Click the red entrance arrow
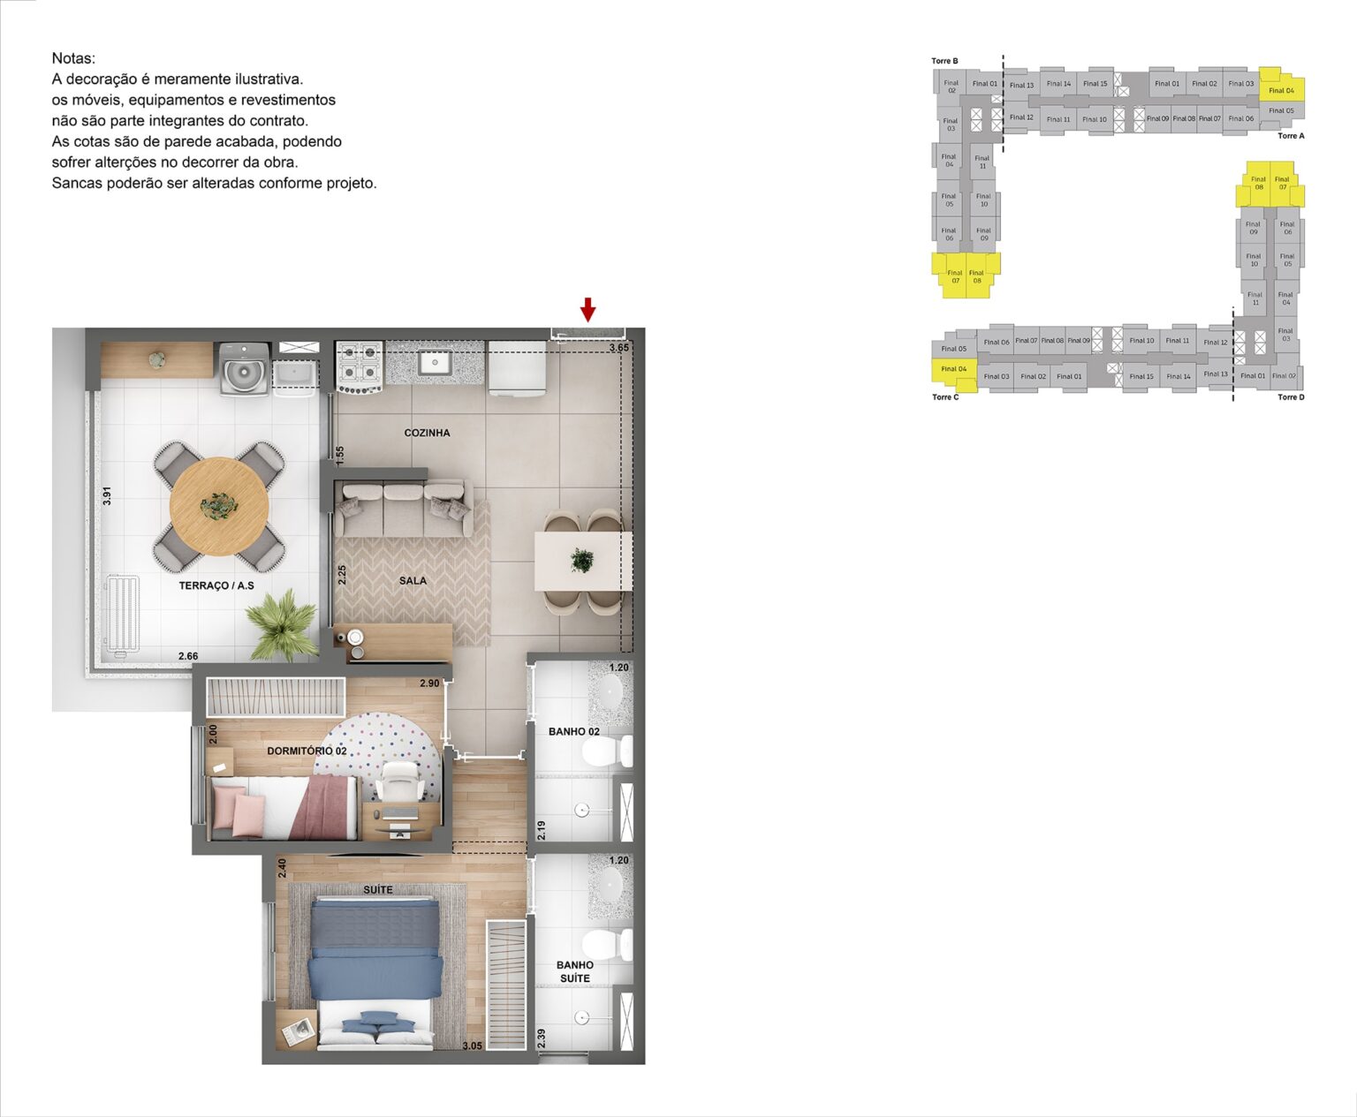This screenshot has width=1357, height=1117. click(x=588, y=310)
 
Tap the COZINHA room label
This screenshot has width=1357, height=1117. click(x=427, y=433)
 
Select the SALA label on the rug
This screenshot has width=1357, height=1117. click(x=413, y=580)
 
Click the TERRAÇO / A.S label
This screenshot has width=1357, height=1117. click(x=216, y=585)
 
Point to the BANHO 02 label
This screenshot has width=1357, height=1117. click(x=573, y=731)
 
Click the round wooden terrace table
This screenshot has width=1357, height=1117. click(x=219, y=506)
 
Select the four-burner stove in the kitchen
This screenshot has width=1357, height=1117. click(x=359, y=367)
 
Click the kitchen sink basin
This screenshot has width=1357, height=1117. click(x=435, y=362)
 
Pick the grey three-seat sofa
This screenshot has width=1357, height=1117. click(x=402, y=509)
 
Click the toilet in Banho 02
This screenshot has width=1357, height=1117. click(x=606, y=752)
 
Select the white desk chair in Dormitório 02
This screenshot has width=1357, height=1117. click(x=398, y=781)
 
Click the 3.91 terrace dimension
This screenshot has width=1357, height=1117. click(x=107, y=495)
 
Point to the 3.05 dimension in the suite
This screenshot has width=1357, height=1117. click(x=472, y=1045)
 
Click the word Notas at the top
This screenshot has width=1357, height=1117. click(x=73, y=58)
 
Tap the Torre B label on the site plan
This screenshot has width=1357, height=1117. click(x=944, y=61)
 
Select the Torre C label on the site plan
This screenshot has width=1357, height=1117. click(x=944, y=397)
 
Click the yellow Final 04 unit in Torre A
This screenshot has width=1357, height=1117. click(x=1281, y=89)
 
